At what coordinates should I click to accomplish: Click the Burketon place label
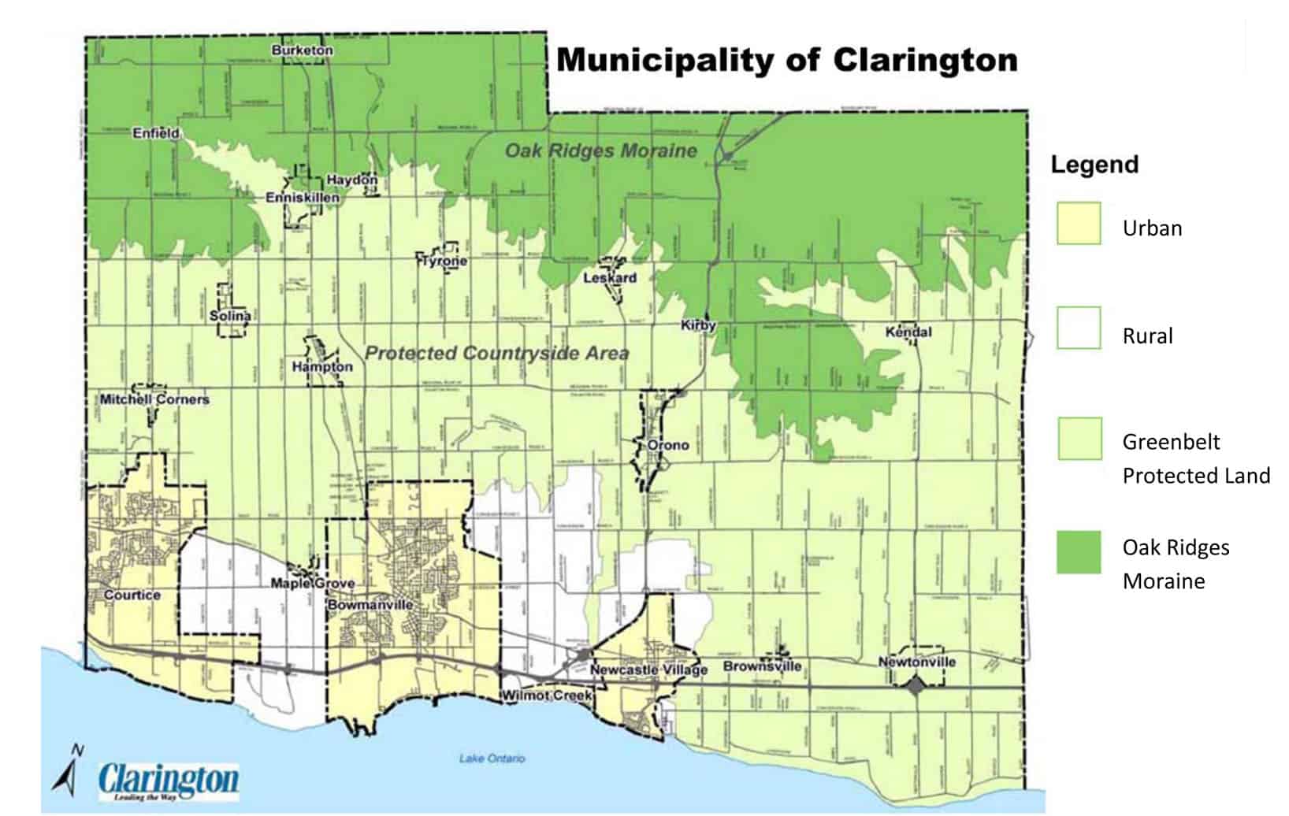coord(303,50)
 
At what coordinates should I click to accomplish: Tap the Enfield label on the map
coord(156,133)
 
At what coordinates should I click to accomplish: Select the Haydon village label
coord(351,180)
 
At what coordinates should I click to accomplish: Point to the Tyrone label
coord(442,261)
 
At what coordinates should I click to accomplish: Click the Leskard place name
coord(610,278)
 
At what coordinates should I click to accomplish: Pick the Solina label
coord(230,316)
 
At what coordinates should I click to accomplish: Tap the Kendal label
coord(908,332)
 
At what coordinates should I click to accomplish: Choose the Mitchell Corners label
coord(154,399)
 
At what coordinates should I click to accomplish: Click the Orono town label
coord(668,445)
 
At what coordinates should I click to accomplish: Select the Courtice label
coord(132,595)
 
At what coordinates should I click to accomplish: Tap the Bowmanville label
coord(370,605)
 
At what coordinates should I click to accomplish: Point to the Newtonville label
coord(917,662)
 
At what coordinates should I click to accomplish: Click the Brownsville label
coord(762,666)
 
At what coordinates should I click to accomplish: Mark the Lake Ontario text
coord(492,759)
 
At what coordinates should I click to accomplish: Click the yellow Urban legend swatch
coord(1079,224)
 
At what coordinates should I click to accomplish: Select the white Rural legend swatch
coord(1079,328)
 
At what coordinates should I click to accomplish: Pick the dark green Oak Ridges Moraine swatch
coord(1079,552)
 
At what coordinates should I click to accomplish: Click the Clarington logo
coord(169,781)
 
